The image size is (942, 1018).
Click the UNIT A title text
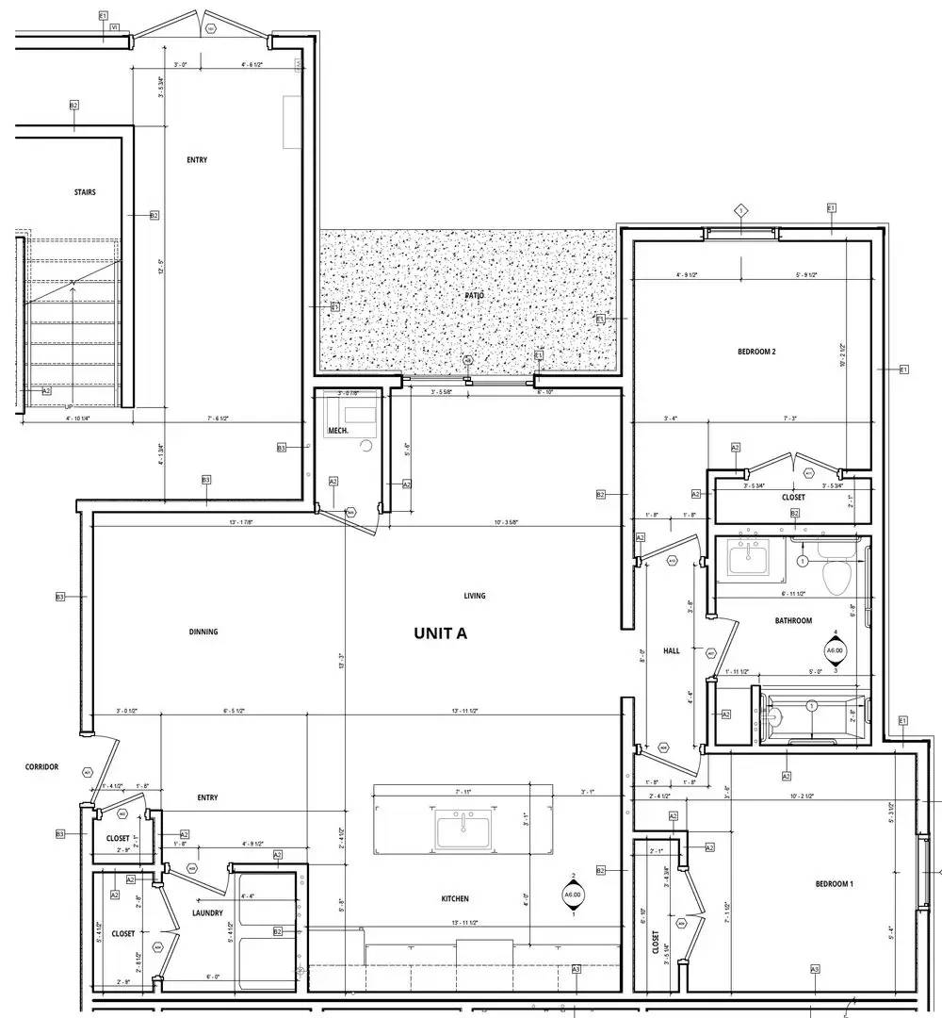tap(440, 633)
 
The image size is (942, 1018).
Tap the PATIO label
tap(474, 296)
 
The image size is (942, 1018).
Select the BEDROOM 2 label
tap(756, 353)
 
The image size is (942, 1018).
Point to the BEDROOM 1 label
tap(835, 883)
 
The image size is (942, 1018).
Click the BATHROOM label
tap(793, 621)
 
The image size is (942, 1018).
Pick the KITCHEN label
tap(455, 898)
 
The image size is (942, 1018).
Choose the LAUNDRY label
tap(207, 912)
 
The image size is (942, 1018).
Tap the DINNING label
tap(203, 632)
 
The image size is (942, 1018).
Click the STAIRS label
tap(85, 192)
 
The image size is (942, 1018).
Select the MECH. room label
tap(337, 431)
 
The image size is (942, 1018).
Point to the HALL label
tap(672, 650)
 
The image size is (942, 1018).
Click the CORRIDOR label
tap(41, 767)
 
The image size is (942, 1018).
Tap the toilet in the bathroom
tap(836, 574)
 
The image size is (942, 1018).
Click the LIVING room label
tap(475, 596)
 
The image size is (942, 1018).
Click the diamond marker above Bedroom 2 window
tap(741, 210)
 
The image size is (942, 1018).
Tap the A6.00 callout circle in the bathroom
tap(835, 650)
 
